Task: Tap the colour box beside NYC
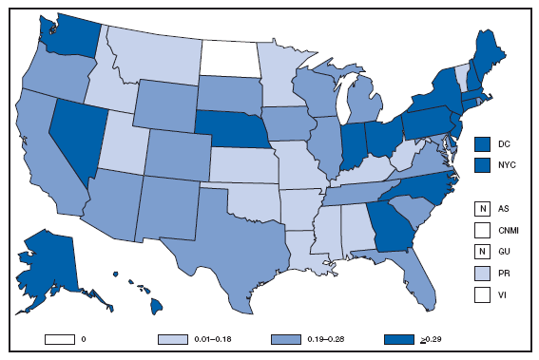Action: [482, 163]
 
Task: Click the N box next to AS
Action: [482, 207]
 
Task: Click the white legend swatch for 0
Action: [56, 337]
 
